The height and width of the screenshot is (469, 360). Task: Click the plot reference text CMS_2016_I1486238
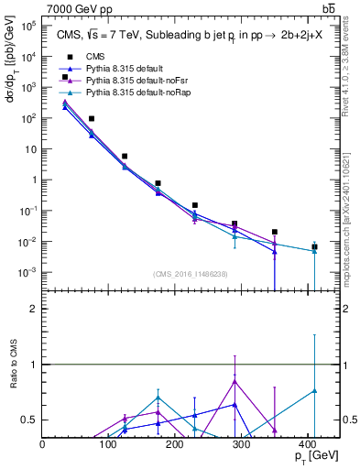pos(191,274)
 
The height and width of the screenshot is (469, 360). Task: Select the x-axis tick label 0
pos(43,444)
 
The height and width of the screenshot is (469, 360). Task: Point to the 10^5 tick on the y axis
pos(27,26)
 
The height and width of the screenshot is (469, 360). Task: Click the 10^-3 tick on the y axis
pos(27,273)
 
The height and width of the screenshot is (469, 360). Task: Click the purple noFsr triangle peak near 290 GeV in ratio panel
pos(235,381)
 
